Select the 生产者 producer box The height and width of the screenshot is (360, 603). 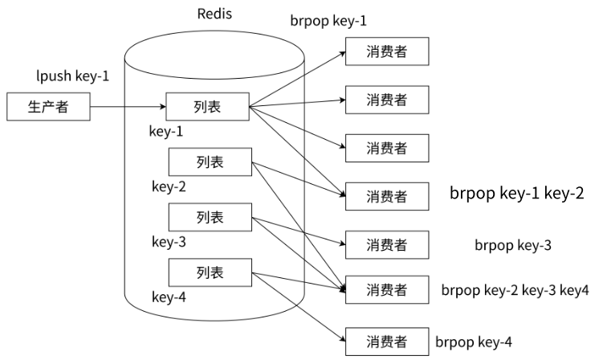click(47, 106)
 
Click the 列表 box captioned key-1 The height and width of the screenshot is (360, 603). click(207, 106)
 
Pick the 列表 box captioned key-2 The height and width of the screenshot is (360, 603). click(209, 162)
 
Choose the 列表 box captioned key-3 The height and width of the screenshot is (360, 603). click(209, 217)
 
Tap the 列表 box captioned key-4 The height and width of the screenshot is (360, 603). click(209, 272)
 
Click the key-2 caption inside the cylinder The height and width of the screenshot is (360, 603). click(169, 187)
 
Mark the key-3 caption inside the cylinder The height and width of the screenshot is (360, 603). click(169, 242)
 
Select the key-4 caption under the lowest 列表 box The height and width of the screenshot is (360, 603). click(169, 297)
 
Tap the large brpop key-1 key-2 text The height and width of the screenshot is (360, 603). click(516, 193)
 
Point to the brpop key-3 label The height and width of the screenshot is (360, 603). click(512, 244)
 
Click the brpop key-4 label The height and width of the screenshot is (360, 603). click(473, 342)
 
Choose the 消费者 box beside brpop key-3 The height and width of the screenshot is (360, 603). click(387, 243)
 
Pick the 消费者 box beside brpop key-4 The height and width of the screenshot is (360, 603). click(387, 340)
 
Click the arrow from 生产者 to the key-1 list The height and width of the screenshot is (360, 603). click(127, 106)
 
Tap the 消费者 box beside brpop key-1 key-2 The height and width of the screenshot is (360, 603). click(387, 195)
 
